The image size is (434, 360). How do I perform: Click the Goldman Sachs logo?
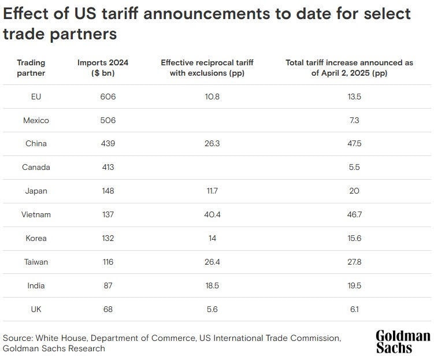click(x=403, y=341)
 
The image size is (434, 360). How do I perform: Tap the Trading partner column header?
click(x=31, y=68)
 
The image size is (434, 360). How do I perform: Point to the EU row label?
click(x=36, y=97)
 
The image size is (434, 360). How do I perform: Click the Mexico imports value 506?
click(x=107, y=120)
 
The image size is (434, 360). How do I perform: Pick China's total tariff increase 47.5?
click(x=354, y=143)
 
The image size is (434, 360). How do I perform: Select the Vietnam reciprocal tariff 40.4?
click(x=212, y=214)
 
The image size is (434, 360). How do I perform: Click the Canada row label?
click(x=36, y=167)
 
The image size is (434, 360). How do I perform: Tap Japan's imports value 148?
click(x=107, y=191)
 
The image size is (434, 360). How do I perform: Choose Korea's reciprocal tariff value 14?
click(x=212, y=238)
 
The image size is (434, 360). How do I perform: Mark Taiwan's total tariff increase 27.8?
click(x=354, y=262)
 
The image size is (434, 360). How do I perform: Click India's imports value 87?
click(x=107, y=285)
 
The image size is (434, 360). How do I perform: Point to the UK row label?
click(x=36, y=309)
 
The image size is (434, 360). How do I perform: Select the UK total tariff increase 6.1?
click(x=354, y=309)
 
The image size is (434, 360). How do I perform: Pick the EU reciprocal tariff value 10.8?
click(x=212, y=97)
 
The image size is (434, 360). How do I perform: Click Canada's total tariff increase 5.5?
click(x=354, y=167)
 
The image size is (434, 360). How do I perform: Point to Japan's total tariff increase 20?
click(x=354, y=191)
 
